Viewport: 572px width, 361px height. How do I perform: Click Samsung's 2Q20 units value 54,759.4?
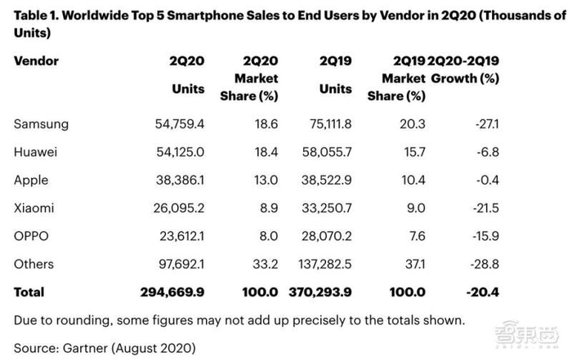coord(172,125)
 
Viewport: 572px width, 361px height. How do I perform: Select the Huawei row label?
coord(36,153)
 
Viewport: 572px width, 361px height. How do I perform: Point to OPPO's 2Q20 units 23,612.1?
coord(174,236)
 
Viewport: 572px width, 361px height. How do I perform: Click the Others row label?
coord(34,264)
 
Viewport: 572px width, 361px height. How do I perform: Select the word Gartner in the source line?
coord(91,347)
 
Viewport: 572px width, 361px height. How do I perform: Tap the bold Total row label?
coord(29,292)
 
